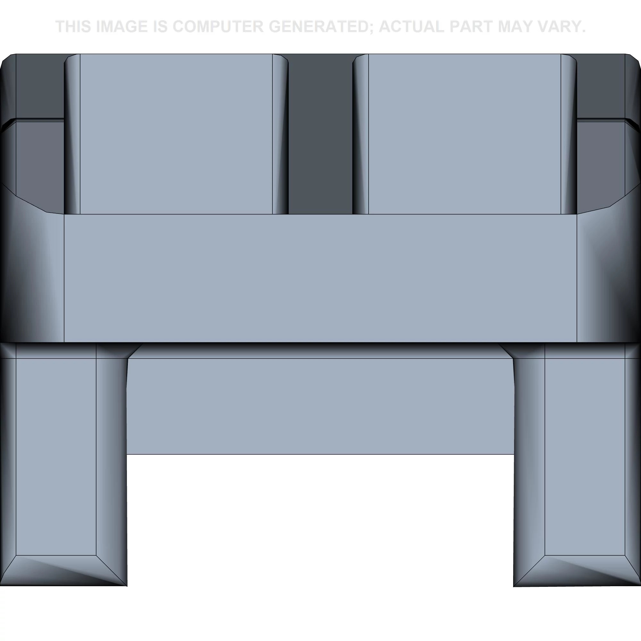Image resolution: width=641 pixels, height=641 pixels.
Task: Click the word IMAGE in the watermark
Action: pyautogui.click(x=121, y=27)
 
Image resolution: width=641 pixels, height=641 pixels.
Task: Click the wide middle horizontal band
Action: pyautogui.click(x=320, y=278)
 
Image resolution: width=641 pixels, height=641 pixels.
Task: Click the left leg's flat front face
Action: pyautogui.click(x=56, y=456)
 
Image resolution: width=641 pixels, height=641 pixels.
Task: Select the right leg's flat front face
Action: pyautogui.click(x=585, y=456)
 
